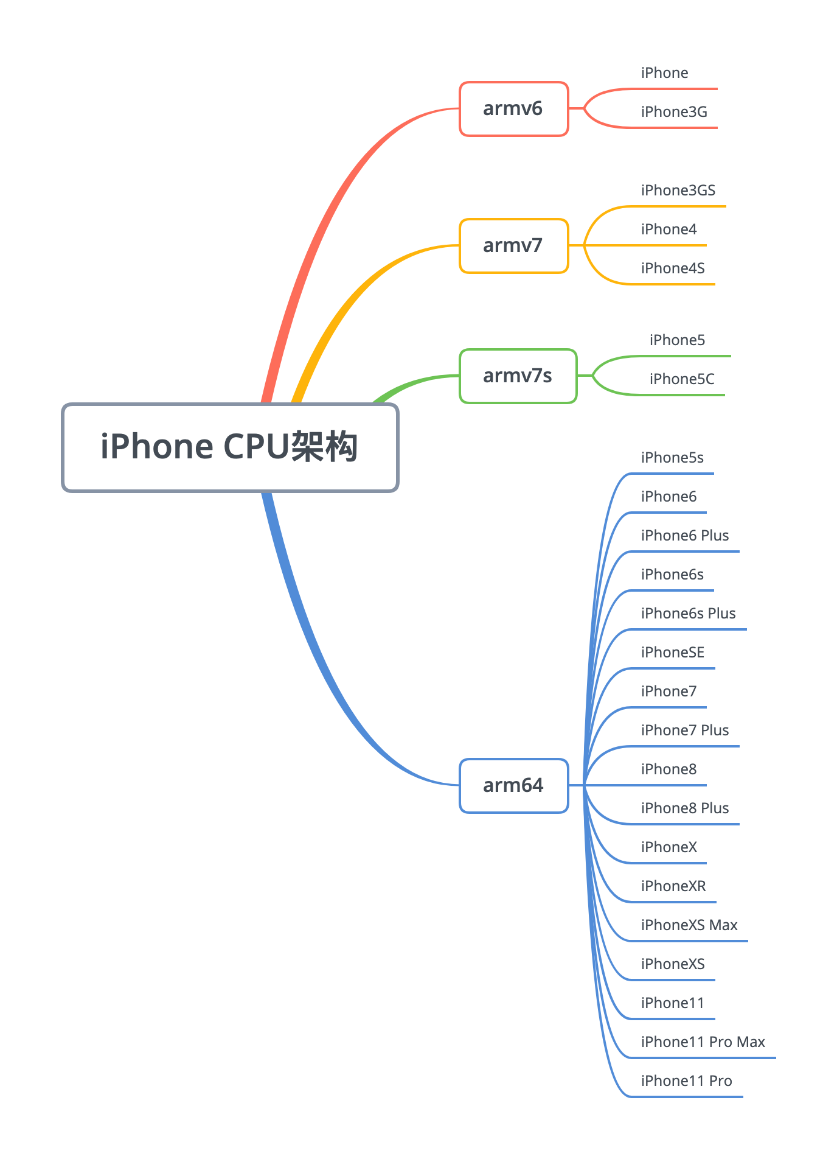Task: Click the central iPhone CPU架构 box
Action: coord(230,447)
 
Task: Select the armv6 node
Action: coord(513,109)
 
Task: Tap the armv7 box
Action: coord(513,246)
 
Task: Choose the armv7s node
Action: coord(518,376)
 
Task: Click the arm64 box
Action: coord(513,786)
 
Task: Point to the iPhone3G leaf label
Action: coord(674,112)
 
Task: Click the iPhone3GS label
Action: coord(678,191)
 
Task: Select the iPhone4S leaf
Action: coord(673,268)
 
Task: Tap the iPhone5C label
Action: coord(682,379)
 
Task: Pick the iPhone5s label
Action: coord(672,458)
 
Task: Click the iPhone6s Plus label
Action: coord(688,614)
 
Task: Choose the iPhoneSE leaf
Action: coord(672,653)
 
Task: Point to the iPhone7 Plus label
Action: coord(684,730)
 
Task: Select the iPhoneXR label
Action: coord(673,886)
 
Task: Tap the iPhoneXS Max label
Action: coord(689,925)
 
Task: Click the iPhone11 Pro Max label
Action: coord(703,1042)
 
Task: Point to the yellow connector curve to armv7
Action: coord(353,298)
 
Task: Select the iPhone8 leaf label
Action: coord(669,769)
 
